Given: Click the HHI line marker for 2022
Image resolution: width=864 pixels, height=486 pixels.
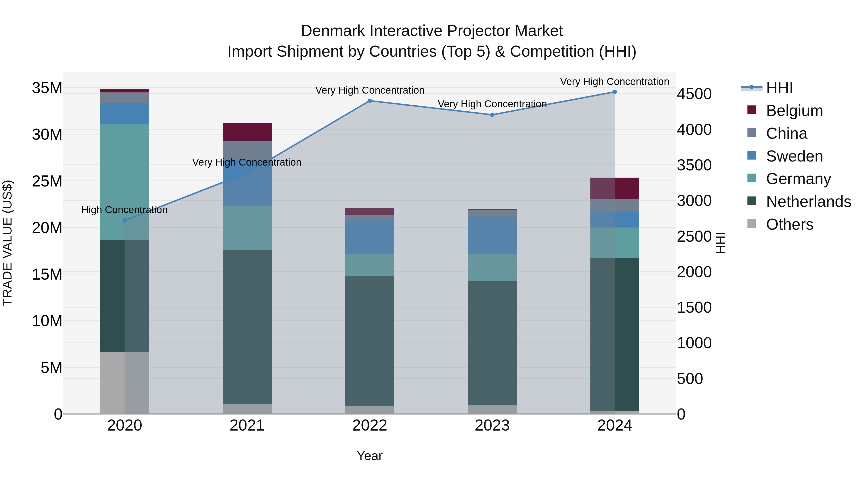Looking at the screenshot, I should coord(370,101).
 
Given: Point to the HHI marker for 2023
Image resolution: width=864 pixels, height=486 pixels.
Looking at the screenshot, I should coord(492,115).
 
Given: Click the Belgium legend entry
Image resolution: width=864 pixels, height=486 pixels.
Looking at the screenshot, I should coord(794,111).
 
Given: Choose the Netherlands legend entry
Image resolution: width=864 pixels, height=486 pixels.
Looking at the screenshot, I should coord(808,202).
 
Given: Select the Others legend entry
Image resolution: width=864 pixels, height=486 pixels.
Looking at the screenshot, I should coord(790,224).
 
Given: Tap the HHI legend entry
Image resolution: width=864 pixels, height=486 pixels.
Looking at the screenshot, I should coord(779,88).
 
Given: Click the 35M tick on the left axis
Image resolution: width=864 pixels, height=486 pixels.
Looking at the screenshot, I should coord(47,88).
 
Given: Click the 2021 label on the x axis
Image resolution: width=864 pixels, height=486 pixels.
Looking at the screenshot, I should coord(247,426).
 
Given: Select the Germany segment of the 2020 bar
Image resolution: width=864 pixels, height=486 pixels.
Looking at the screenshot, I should coord(124,181).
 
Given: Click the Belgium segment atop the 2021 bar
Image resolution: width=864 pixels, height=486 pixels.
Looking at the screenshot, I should coord(247,132).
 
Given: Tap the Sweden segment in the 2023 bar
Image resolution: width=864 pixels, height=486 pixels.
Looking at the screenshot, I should coord(492,235).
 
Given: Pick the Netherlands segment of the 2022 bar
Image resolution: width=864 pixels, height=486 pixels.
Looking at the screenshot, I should coord(370,341).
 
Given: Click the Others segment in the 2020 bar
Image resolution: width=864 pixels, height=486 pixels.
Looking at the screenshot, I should coord(124,383).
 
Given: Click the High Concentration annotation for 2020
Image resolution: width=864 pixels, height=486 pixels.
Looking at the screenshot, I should coord(124,210).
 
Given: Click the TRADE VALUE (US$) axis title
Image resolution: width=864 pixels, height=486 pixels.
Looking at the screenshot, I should coord(7,243).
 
